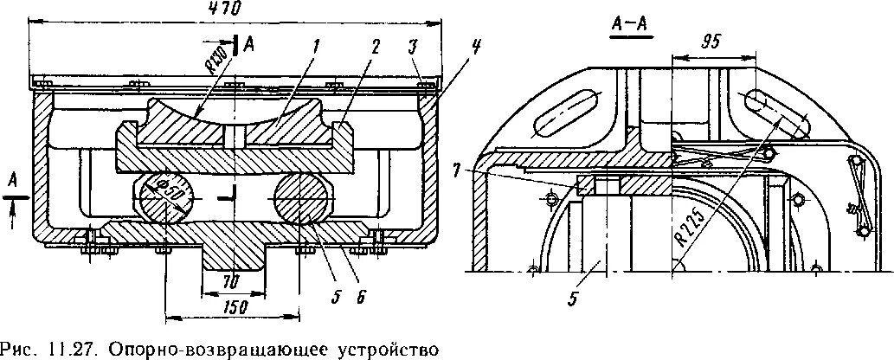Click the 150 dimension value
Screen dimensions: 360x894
232,307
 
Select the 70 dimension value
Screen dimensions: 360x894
228,281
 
